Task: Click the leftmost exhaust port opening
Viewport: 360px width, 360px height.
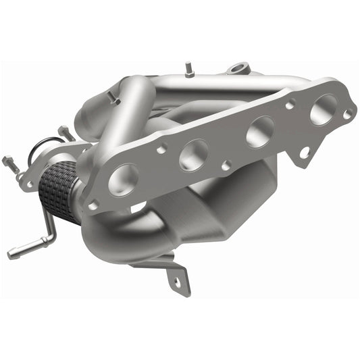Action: tap(123, 179)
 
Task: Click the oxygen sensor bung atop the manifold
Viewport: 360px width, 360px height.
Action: tap(238, 68)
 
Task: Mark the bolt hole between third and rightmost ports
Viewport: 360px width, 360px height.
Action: tap(290, 105)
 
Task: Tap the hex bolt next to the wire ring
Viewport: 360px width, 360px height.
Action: tap(65, 132)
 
